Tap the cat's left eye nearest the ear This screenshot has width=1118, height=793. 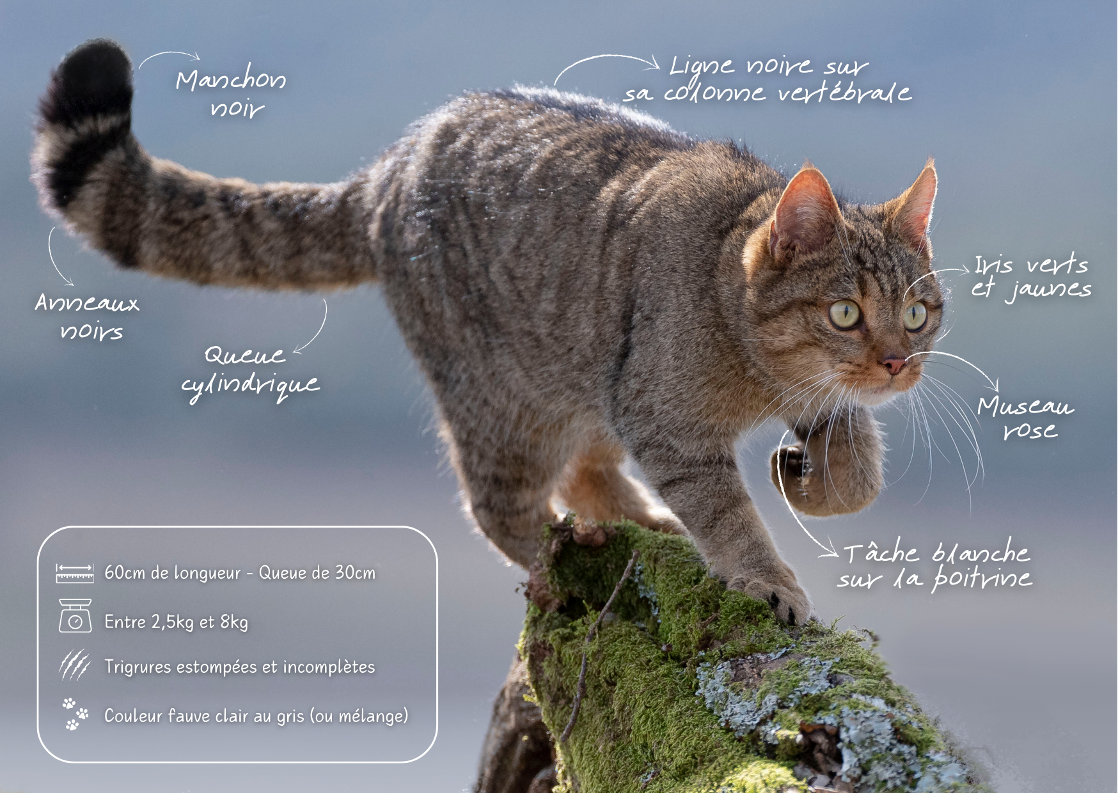[x=846, y=313]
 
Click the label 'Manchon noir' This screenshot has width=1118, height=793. [x=231, y=93]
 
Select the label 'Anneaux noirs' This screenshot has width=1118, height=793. [x=88, y=316]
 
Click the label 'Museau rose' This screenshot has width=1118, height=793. [x=1025, y=417]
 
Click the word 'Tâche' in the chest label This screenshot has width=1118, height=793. [x=881, y=551]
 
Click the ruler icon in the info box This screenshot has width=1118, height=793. [x=75, y=573]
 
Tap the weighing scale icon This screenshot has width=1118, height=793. [x=75, y=615]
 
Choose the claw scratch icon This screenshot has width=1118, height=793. [x=75, y=665]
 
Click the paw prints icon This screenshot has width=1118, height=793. [x=75, y=714]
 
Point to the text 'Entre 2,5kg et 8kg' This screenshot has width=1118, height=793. [x=176, y=622]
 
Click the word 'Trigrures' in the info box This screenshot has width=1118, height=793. [x=138, y=667]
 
